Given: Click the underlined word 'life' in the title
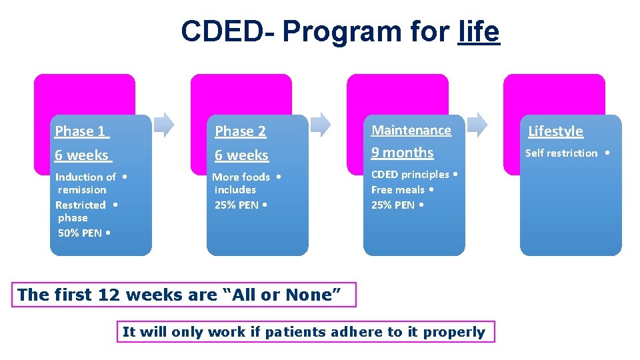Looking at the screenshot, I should pyautogui.click(x=479, y=31).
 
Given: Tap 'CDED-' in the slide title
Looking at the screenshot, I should pyautogui.click(x=227, y=31).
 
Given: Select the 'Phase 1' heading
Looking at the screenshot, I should pyautogui.click(x=81, y=131).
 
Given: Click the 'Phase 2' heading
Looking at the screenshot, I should pyautogui.click(x=240, y=131).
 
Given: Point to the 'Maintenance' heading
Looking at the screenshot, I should pyautogui.click(x=411, y=130).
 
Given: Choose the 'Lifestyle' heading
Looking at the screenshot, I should pyautogui.click(x=555, y=131).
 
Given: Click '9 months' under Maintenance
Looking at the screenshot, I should pyautogui.click(x=402, y=153).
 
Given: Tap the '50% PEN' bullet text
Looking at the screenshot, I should pyautogui.click(x=80, y=233).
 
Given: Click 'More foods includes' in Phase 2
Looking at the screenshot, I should pyautogui.click(x=241, y=183).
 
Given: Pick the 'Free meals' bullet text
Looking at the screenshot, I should pyautogui.click(x=399, y=190).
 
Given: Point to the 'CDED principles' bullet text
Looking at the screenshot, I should pyautogui.click(x=410, y=175).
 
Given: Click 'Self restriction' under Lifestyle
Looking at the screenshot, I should pyautogui.click(x=561, y=153).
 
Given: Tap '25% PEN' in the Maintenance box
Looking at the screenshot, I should pyautogui.click(x=393, y=205).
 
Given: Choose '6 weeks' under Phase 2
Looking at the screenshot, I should pyautogui.click(x=241, y=155).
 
